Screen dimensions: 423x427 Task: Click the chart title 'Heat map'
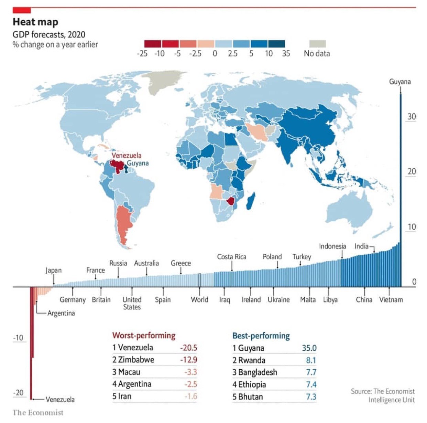35,22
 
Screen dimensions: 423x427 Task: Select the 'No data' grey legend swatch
317,44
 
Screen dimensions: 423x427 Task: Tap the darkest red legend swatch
152,44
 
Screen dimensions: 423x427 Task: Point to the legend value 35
286,54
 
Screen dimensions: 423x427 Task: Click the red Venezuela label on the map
126,155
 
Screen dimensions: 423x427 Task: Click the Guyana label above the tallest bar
400,82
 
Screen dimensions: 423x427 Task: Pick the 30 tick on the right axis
412,117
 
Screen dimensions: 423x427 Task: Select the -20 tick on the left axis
18,393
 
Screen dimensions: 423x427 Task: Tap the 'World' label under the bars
199,300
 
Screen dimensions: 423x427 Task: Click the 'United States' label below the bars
132,303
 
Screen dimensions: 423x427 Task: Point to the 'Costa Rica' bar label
231,257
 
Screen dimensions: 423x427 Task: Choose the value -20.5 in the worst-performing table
188,348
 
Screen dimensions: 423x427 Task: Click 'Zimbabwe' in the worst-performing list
136,360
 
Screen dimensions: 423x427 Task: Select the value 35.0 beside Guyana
309,348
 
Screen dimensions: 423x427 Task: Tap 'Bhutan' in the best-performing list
250,397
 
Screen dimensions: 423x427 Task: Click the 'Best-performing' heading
261,336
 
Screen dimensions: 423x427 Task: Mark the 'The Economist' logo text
38,413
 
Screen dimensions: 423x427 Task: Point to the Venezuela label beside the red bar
60,400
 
